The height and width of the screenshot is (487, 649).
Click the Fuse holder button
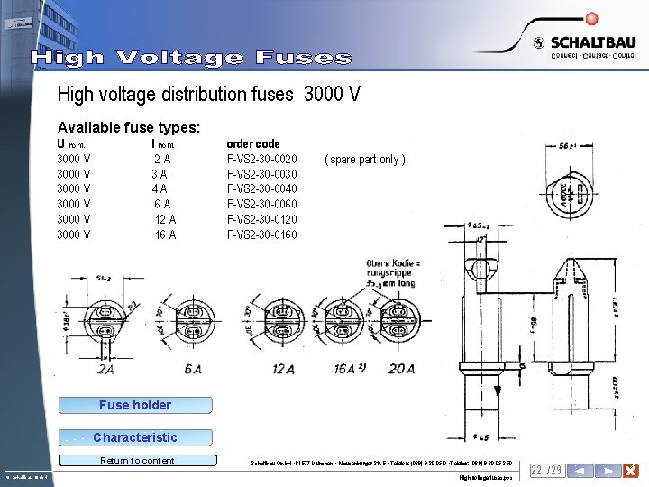pos(134,405)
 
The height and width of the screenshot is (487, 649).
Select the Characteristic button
pos(134,437)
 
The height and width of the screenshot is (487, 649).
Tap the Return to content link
pos(137,461)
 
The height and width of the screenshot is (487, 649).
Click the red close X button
pos(631,471)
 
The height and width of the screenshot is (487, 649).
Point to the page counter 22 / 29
pos(547,471)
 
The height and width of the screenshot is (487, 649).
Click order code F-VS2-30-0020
pos(262,160)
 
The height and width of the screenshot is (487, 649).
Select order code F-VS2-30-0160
pos(262,235)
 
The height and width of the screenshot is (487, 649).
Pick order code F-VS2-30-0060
pos(262,205)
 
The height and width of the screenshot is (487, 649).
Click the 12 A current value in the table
pos(165,220)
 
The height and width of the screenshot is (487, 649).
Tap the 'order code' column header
pos(253,144)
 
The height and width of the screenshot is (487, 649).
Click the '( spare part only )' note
pos(364,160)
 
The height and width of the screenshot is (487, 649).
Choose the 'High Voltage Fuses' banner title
pos(191,59)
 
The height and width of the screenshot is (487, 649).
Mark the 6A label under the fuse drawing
pos(191,369)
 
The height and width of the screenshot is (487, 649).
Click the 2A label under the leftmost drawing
pos(105,369)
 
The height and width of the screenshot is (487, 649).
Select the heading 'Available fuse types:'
pos(129,128)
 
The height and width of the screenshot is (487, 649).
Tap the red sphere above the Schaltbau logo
pos(591,17)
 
